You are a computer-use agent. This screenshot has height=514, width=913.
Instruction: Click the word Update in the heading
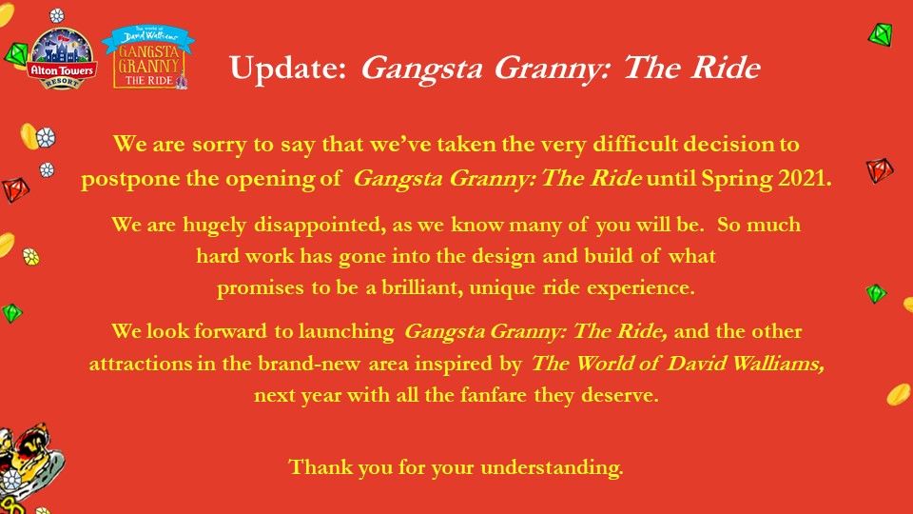tap(288, 69)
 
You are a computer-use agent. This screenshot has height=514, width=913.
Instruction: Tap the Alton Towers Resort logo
tap(61, 59)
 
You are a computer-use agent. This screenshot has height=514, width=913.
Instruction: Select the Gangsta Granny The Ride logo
tap(148, 56)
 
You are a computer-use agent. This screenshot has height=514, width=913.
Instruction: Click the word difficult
tap(635, 144)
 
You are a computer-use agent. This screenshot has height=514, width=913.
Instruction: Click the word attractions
tap(141, 364)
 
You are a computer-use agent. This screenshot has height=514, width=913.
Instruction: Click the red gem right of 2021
tap(879, 170)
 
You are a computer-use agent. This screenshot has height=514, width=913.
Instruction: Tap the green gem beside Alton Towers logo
tap(16, 55)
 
